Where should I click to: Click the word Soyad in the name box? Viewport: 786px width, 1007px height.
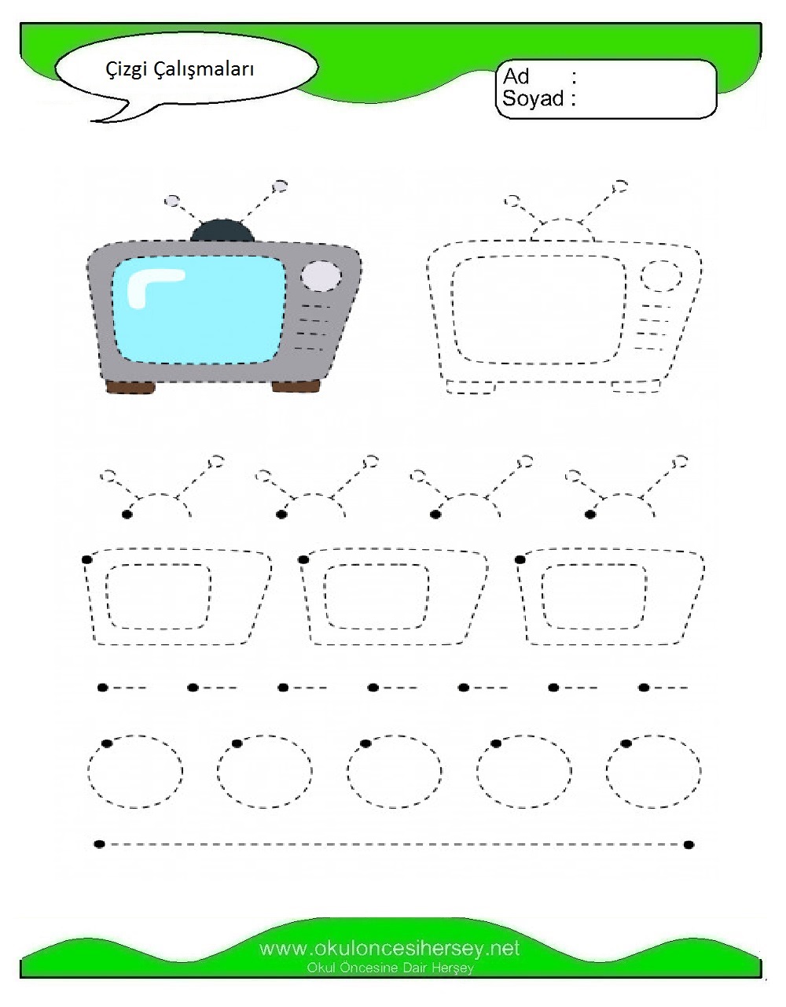(x=533, y=98)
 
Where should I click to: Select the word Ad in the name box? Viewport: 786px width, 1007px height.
(x=516, y=76)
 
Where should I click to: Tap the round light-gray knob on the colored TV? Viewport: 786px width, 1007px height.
(x=321, y=276)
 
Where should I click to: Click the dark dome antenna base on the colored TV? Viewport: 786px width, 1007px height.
(x=222, y=231)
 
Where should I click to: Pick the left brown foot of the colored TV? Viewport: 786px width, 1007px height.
(x=130, y=387)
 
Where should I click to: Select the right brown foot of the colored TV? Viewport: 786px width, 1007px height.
(x=296, y=386)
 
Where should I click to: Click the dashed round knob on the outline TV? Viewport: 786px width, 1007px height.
(x=661, y=276)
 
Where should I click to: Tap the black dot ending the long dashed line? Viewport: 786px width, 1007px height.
(x=689, y=845)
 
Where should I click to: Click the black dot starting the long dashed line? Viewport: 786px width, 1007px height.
(x=100, y=844)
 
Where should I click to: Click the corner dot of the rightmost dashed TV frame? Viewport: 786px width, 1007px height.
(x=520, y=560)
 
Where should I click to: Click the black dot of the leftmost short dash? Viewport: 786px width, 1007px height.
(x=103, y=688)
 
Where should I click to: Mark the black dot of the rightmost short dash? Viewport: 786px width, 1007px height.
(x=644, y=688)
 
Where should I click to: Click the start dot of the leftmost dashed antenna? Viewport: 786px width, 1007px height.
(x=127, y=515)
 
